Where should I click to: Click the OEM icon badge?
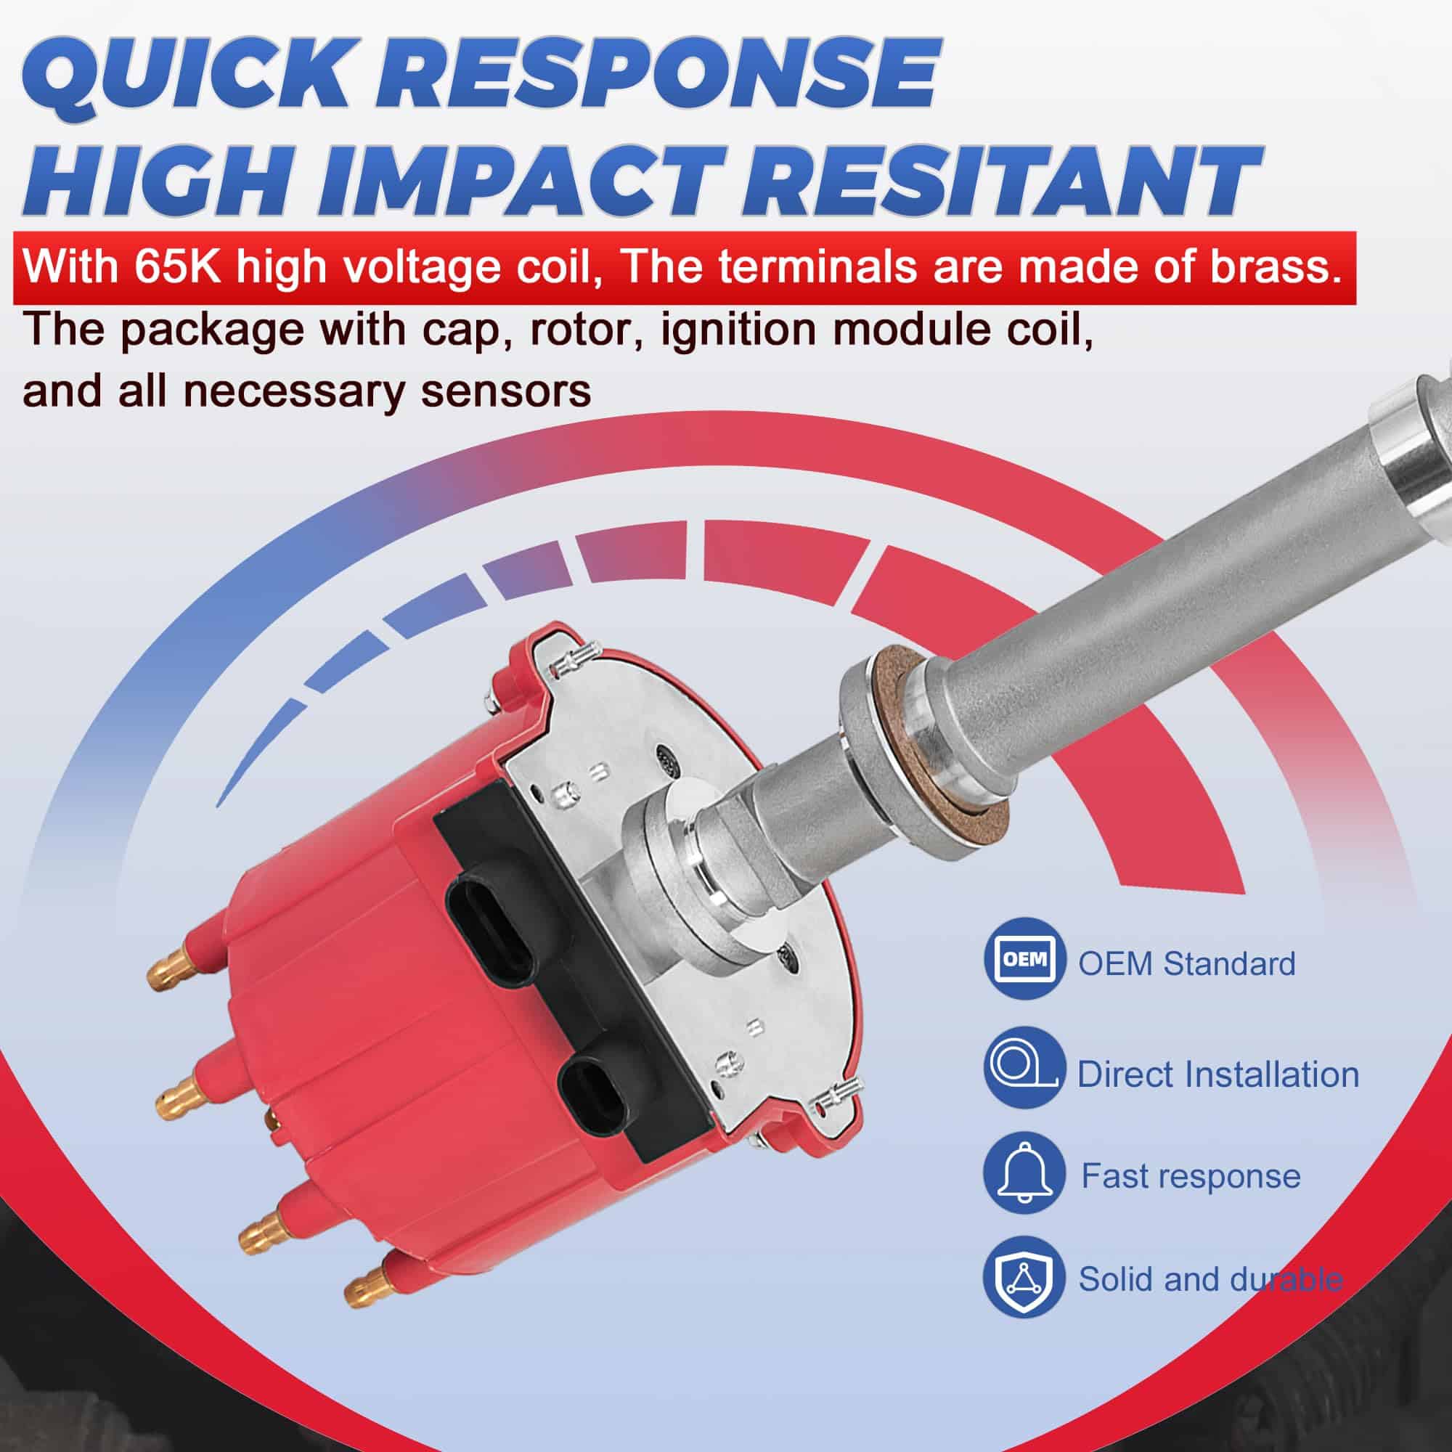(x=1025, y=959)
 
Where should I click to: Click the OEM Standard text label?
(x=1187, y=964)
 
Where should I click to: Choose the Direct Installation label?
(x=1218, y=1074)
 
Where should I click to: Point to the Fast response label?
(x=1191, y=1176)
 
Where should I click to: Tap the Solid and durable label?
(x=1211, y=1278)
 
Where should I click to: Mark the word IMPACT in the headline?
(x=526, y=178)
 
